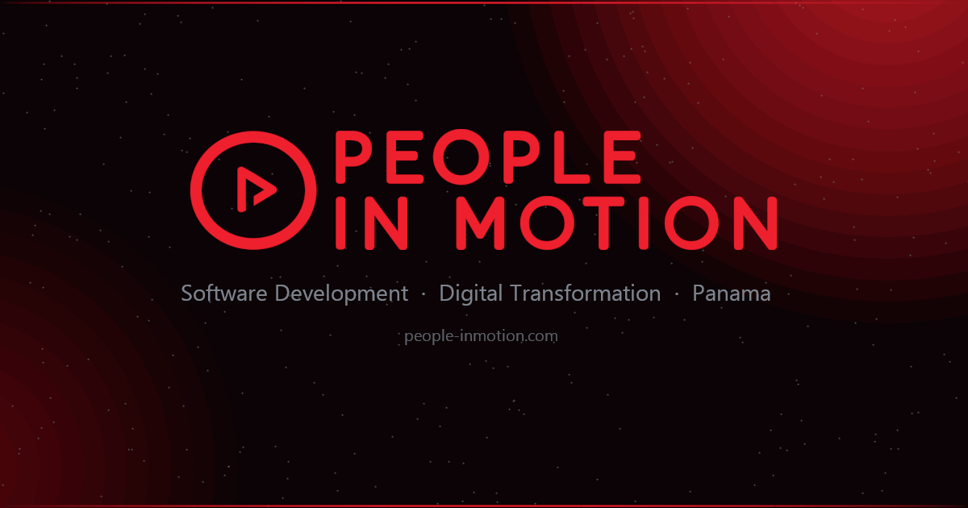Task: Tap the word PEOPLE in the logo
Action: click(488, 156)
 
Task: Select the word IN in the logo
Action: click(371, 223)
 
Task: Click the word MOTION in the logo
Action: click(617, 223)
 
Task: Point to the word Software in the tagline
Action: click(224, 294)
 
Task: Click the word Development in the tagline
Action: click(341, 294)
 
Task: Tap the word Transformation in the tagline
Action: click(586, 294)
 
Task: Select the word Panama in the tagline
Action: click(731, 294)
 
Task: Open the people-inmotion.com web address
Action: click(481, 336)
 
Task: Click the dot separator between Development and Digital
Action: click(423, 294)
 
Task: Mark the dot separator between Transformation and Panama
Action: click(677, 294)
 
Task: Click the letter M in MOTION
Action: click(480, 223)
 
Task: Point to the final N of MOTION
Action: click(756, 223)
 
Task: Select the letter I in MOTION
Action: click(644, 223)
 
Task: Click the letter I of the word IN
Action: click(340, 223)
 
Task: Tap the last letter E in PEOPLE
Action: click(622, 156)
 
